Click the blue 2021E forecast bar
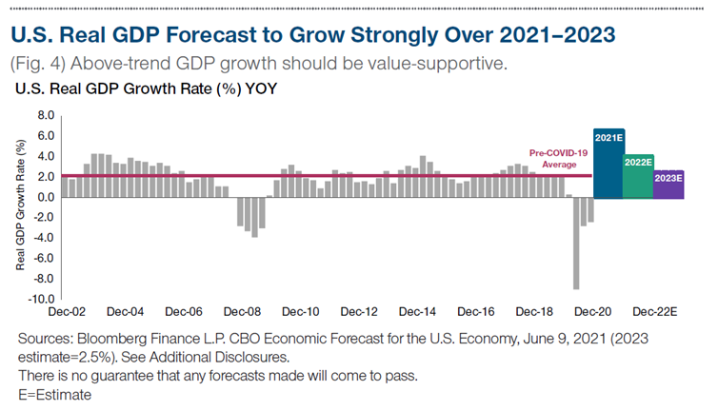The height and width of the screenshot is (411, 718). pos(608,164)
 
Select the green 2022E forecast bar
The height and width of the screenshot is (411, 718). pos(637,176)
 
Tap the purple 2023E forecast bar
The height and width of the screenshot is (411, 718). pos(668,184)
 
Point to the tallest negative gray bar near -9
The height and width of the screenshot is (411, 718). pos(576,243)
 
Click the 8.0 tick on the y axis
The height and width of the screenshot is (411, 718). pos(45,115)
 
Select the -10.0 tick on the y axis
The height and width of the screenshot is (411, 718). pos(42,299)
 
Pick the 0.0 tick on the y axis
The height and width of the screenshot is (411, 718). pos(45,197)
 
